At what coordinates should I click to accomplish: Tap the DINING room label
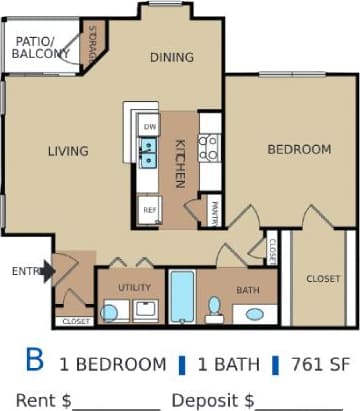coord(172,57)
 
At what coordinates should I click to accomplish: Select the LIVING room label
coord(68,151)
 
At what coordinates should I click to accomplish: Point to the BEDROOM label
coord(298,149)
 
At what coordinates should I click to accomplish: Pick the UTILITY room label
coord(134,288)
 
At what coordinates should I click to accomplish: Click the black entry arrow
coord(46,271)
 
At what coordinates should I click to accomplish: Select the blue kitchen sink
coord(148,153)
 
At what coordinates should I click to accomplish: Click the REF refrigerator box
coord(150,210)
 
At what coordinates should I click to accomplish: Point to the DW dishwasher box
coord(150,127)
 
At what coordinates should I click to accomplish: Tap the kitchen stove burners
coord(209,149)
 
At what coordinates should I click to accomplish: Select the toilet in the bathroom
coord(214,307)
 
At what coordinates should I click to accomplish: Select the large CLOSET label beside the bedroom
coord(323,279)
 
